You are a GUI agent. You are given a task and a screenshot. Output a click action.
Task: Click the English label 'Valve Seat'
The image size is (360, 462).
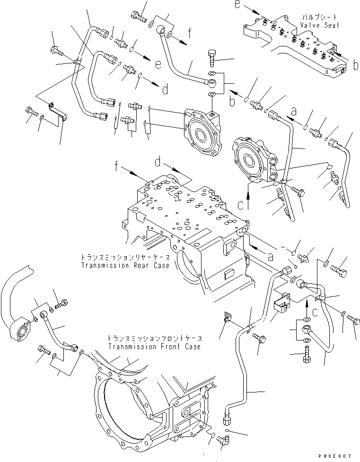[320, 26]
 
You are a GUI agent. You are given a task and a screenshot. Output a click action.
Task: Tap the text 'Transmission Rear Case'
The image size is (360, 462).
[124, 266]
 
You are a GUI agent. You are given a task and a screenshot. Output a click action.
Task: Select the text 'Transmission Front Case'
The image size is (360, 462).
[154, 347]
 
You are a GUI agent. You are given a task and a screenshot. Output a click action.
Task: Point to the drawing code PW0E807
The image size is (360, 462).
[336, 455]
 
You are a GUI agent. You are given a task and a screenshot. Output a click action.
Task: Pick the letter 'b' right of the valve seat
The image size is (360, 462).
[355, 66]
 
